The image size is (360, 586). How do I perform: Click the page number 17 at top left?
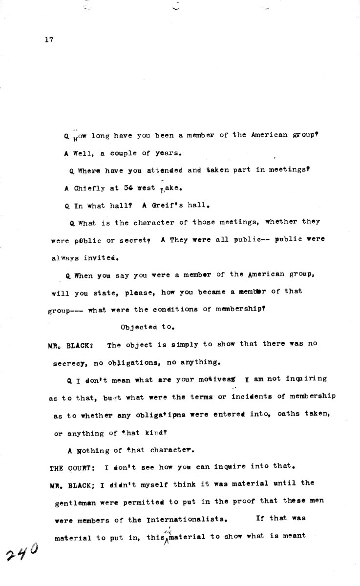tap(48, 40)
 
